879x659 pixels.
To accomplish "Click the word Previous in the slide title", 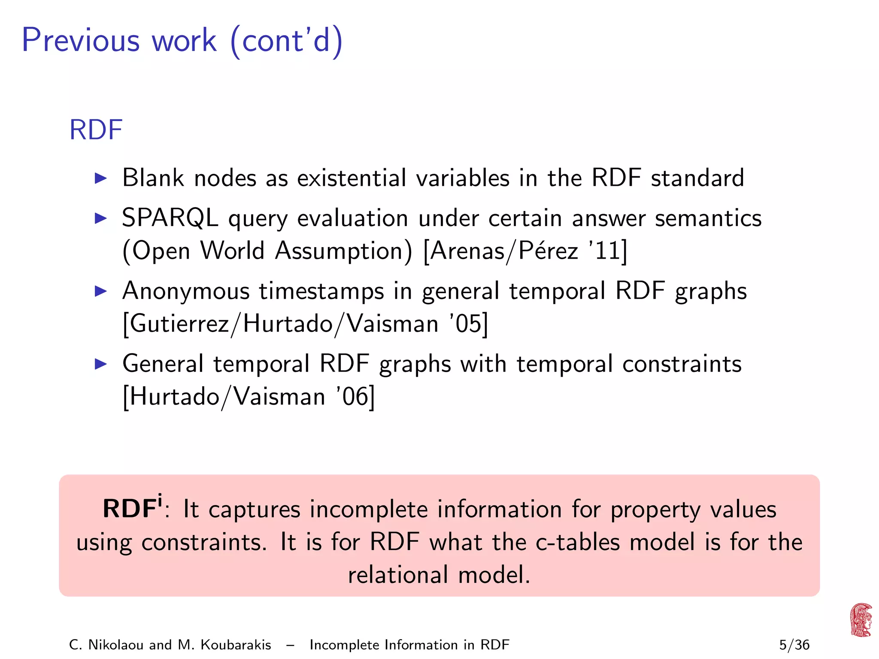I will [81, 40].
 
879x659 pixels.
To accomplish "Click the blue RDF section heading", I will [96, 130].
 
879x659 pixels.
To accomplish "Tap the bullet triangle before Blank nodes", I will [100, 178].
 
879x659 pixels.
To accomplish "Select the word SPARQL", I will [170, 218].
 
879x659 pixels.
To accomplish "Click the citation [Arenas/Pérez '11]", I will [525, 251].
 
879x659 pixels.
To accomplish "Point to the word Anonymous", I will [186, 291].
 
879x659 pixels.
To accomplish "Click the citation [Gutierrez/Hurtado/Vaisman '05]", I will [305, 323].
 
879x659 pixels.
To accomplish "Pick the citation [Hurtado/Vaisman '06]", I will [249, 396].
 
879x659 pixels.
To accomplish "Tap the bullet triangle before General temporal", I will [100, 364].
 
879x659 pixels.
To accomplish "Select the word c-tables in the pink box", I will [578, 542].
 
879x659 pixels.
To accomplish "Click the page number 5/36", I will [794, 645].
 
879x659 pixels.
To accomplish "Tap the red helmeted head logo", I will [861, 620].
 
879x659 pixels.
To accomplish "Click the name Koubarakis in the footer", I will [236, 645].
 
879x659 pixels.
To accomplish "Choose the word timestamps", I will [321, 291].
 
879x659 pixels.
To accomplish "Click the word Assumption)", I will [344, 251].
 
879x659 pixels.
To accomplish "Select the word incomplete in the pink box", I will [369, 510].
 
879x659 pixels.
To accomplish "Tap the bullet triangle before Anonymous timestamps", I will [100, 291].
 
